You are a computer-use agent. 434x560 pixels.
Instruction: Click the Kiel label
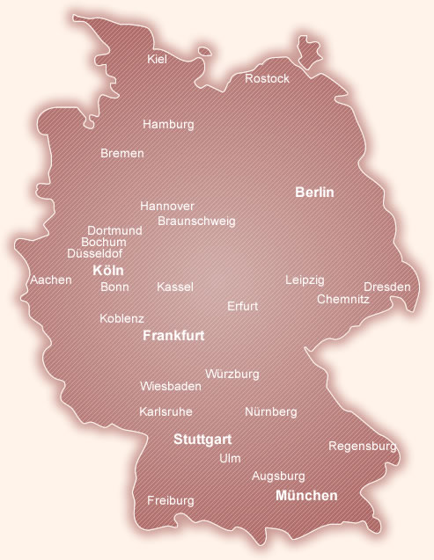(157, 59)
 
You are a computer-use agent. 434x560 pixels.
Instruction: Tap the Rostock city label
(267, 79)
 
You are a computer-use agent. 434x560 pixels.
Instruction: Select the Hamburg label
(168, 125)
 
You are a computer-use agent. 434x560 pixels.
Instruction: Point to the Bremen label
(121, 153)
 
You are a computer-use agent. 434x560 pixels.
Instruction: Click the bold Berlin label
(314, 192)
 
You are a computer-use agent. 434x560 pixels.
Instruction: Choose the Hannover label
(167, 206)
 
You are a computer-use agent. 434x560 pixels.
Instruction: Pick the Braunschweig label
(196, 221)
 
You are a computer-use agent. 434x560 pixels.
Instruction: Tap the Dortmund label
(114, 230)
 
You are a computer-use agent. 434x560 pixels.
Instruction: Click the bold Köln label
(108, 271)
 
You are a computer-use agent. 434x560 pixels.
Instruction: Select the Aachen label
(51, 280)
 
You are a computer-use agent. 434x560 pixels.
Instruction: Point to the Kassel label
(174, 287)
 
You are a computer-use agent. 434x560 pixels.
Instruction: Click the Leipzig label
(305, 280)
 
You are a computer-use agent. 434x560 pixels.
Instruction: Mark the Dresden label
(387, 287)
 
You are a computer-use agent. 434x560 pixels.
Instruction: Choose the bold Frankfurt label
(173, 336)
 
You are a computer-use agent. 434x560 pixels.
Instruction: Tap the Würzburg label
(232, 375)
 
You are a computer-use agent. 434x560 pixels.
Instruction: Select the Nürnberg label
(271, 411)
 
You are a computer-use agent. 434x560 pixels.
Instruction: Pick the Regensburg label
(362, 447)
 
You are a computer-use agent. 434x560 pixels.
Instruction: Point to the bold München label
(306, 496)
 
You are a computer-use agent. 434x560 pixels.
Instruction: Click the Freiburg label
(170, 500)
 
